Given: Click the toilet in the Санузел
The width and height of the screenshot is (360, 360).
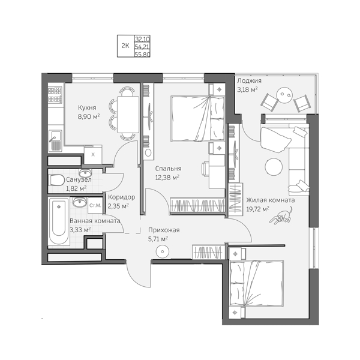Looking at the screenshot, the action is tap(57, 180).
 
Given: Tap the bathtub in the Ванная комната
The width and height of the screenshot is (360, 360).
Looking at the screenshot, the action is tap(59, 221).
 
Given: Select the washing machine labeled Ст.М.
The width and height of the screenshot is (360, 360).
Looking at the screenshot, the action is tap(95, 205).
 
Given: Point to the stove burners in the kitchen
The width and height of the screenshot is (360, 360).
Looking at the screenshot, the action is tap(55, 95).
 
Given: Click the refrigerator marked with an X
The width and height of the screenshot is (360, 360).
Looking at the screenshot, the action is tap(93, 155).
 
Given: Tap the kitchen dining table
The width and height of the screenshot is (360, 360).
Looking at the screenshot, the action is tap(128, 115).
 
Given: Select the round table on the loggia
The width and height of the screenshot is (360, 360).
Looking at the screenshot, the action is tap(284, 94).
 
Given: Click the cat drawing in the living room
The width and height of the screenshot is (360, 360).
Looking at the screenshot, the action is tap(281, 216).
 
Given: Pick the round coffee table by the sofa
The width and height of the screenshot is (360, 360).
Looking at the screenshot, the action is tap(274, 167).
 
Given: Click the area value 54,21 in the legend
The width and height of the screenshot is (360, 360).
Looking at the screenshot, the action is tap(142, 47).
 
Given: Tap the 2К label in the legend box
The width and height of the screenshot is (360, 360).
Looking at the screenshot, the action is tap(125, 46).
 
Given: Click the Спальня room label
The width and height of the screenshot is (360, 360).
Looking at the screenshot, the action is tap(168, 169).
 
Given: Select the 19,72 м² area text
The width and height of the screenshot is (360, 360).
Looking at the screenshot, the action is tap(257, 209).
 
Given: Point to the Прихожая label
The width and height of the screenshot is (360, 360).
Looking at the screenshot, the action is tap(164, 230).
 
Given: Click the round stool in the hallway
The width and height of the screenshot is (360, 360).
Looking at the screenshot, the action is tap(163, 251).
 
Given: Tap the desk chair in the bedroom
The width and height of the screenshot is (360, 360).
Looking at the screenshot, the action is tap(205, 169).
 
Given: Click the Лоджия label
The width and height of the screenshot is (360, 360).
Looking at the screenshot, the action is tap(249, 81).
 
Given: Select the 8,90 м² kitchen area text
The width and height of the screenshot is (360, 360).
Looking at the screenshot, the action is tap(89, 116).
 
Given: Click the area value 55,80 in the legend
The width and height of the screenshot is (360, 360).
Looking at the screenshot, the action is tap(142, 55).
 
